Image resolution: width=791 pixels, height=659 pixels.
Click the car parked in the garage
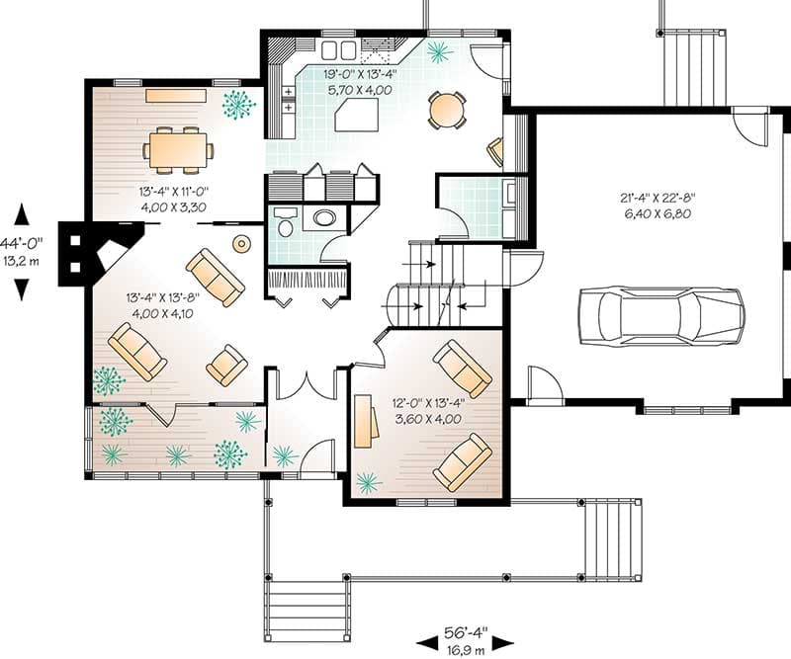(x=661, y=316)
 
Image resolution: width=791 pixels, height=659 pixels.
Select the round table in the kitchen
(x=447, y=109)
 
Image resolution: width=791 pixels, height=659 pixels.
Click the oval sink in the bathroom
(x=323, y=218)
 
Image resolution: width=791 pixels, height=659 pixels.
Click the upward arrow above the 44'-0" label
(x=22, y=215)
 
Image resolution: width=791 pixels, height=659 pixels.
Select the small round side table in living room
(x=240, y=243)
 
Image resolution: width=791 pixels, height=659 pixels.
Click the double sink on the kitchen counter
(x=339, y=49)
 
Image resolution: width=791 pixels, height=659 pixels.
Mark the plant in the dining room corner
(x=237, y=104)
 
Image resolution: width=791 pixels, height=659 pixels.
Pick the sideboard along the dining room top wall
(x=176, y=96)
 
